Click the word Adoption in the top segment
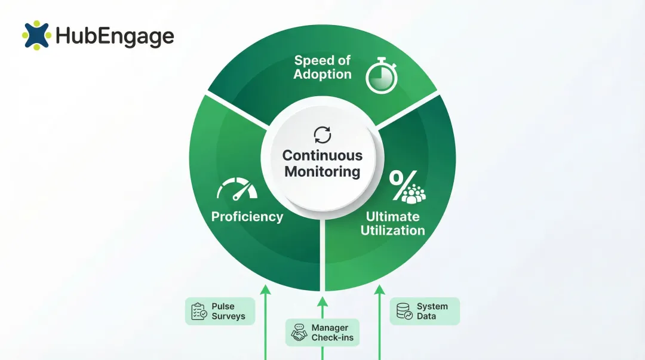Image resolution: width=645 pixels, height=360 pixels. [322, 75]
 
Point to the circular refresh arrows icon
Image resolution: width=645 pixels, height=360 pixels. [322, 134]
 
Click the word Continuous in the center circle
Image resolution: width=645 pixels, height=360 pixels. [322, 155]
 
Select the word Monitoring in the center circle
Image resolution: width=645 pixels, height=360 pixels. [322, 172]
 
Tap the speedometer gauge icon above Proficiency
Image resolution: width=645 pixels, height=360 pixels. [237, 190]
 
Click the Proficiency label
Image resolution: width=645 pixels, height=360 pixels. [247, 217]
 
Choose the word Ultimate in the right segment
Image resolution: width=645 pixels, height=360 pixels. [392, 216]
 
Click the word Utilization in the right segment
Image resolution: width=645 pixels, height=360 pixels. [392, 230]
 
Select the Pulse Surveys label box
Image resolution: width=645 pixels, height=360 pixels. [220, 311]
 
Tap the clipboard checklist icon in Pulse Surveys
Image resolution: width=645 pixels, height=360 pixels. [199, 312]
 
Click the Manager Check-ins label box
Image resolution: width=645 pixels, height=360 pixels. [322, 333]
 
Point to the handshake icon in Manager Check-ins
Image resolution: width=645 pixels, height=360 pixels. [299, 333]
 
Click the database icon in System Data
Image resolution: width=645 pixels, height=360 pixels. [404, 311]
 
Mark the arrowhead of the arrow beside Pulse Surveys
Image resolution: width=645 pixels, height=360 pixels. [265, 290]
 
